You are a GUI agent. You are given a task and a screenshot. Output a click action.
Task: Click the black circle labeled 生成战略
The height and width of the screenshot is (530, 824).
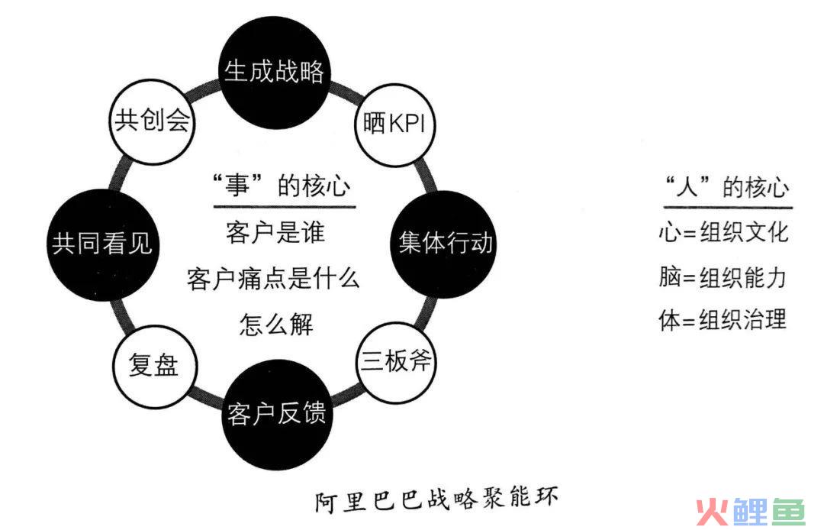275,73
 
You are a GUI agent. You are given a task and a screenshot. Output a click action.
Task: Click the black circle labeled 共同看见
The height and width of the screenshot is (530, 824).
102,245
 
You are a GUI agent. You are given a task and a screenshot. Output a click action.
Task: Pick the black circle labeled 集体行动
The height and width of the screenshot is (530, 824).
445,244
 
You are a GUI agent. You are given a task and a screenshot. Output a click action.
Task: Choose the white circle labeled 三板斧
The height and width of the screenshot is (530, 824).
397,363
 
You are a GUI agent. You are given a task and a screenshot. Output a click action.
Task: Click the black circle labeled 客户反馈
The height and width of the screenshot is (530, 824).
277,415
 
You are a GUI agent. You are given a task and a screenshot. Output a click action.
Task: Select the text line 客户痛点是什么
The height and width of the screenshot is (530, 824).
273,278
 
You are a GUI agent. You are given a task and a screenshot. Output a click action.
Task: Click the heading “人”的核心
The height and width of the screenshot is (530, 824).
728,186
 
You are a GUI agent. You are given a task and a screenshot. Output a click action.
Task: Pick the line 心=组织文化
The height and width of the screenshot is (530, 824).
723,232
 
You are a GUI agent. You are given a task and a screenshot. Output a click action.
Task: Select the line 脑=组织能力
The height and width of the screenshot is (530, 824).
723,277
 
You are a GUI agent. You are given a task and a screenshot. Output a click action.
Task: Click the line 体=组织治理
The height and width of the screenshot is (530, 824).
723,319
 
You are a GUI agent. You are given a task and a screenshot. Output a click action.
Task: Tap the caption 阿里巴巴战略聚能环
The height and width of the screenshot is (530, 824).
436,499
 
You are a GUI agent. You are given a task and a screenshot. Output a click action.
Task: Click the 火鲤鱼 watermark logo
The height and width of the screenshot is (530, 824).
751,512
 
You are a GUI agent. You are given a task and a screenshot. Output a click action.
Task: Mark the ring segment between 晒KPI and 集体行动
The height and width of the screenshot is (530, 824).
426,178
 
